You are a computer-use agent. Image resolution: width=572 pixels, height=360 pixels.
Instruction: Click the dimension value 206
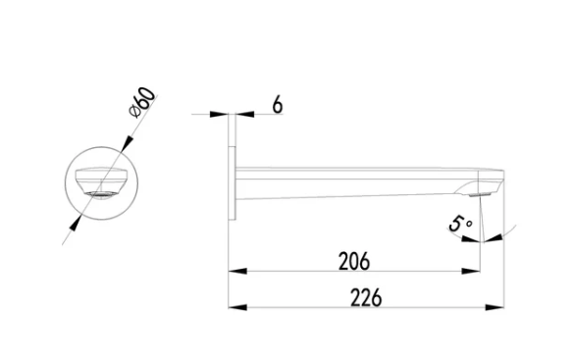[x=354, y=261]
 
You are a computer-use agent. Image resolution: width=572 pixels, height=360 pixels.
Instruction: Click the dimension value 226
[x=366, y=297]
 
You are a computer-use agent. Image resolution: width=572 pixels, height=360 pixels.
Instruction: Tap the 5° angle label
[x=460, y=224]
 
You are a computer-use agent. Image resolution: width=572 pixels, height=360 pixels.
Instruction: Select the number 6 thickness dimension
[x=278, y=105]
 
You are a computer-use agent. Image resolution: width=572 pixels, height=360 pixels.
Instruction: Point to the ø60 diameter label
[x=142, y=102]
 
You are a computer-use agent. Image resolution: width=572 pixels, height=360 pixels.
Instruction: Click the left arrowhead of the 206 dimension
[x=237, y=271]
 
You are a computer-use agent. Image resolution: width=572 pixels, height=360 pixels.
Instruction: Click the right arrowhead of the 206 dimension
[x=471, y=271]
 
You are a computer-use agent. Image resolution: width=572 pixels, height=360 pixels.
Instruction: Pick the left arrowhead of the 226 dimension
[x=237, y=307]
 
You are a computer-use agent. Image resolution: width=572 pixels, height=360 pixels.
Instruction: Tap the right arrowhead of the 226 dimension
[x=494, y=307]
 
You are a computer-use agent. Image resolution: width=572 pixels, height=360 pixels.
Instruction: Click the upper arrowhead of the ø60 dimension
[x=127, y=143]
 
